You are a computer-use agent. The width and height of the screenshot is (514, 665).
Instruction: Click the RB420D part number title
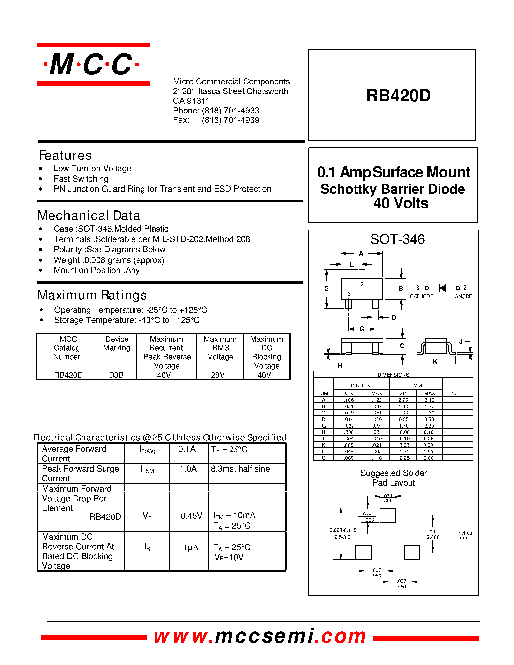tap(398, 95)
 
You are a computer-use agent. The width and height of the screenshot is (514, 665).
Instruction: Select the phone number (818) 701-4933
tap(230, 110)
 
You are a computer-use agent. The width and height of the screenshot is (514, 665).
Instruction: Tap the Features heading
tap(65, 155)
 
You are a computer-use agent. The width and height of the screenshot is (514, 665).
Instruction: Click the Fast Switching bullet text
tap(81, 179)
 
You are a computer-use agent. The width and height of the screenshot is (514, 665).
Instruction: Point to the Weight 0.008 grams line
tap(109, 260)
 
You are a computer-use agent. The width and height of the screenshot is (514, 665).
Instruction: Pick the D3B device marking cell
tap(116, 375)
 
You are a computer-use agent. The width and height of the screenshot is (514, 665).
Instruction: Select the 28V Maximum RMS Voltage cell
tap(218, 375)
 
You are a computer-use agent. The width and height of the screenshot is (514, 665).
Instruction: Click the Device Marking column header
tap(117, 343)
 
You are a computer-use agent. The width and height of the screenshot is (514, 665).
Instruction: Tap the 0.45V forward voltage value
tap(191, 516)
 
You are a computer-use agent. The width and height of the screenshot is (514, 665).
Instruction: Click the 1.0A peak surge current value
tap(188, 469)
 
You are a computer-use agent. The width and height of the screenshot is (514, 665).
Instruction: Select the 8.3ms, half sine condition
tap(240, 469)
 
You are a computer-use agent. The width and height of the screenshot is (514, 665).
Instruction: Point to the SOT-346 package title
tap(397, 239)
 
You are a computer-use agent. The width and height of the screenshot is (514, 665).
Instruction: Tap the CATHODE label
tap(421, 296)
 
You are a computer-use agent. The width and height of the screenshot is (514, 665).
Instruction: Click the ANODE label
tap(463, 296)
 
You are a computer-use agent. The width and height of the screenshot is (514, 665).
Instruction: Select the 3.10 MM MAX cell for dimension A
tap(429, 400)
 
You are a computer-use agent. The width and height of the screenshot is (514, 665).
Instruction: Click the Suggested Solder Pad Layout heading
tap(393, 478)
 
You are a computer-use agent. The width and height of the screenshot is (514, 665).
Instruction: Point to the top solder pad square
tap(388, 516)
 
